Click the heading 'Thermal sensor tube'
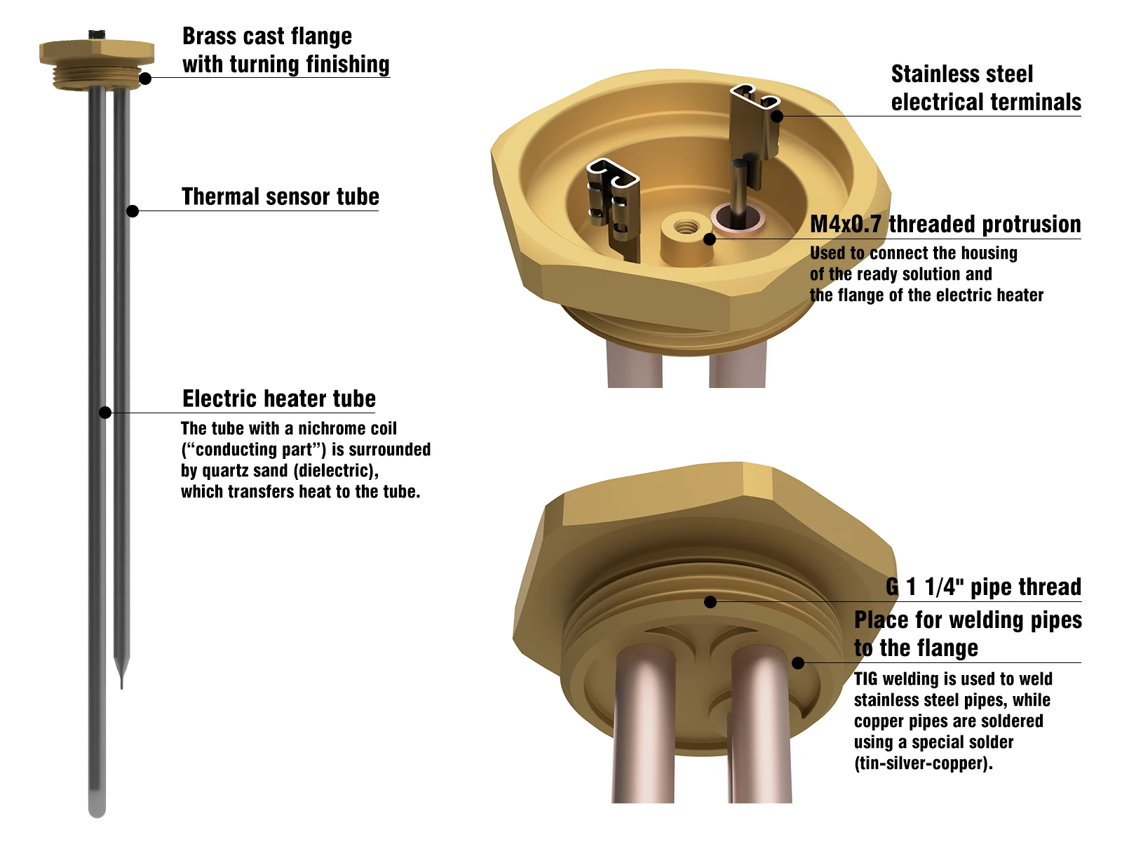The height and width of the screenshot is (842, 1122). pos(280,197)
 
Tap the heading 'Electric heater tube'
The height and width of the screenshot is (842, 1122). pos(279,399)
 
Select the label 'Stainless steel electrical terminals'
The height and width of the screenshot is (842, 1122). pos(985,88)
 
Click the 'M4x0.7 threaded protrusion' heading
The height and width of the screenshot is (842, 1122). pos(945,225)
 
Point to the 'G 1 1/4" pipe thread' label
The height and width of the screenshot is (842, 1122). pos(983,587)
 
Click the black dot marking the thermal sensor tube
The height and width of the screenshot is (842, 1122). pos(133,210)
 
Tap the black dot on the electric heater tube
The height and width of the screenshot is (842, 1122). pos(105,412)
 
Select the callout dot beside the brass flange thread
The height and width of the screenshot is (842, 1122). pos(145,78)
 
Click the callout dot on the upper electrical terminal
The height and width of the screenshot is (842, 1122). pos(777,116)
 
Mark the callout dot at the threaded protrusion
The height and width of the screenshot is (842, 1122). pos(710,239)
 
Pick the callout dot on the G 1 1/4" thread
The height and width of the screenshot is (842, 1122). pos(710,602)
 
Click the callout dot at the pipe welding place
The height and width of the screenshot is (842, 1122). pos(798,663)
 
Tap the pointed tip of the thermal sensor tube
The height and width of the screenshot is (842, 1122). pos(121,688)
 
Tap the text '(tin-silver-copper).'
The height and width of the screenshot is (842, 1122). pos(924,763)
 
